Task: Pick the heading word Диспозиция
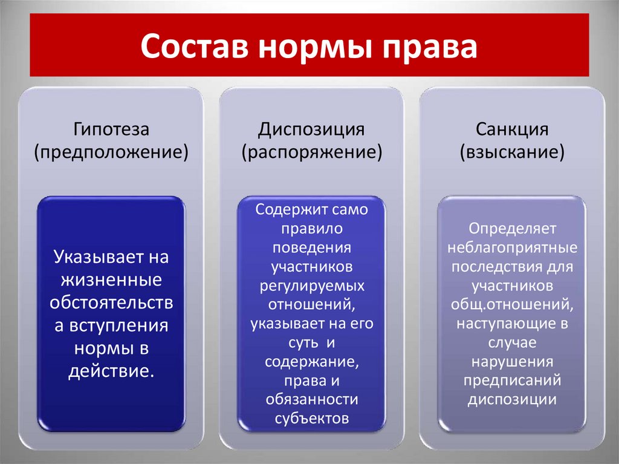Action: pyautogui.click(x=311, y=129)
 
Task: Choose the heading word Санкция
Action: pyautogui.click(x=512, y=129)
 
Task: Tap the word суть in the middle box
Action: pyautogui.click(x=295, y=343)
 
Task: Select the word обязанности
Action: pyautogui.click(x=311, y=399)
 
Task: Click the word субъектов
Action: pyautogui.click(x=311, y=418)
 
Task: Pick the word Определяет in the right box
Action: pyautogui.click(x=512, y=229)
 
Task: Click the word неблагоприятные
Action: pyautogui.click(x=512, y=248)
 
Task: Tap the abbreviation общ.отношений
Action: pyautogui.click(x=512, y=304)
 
